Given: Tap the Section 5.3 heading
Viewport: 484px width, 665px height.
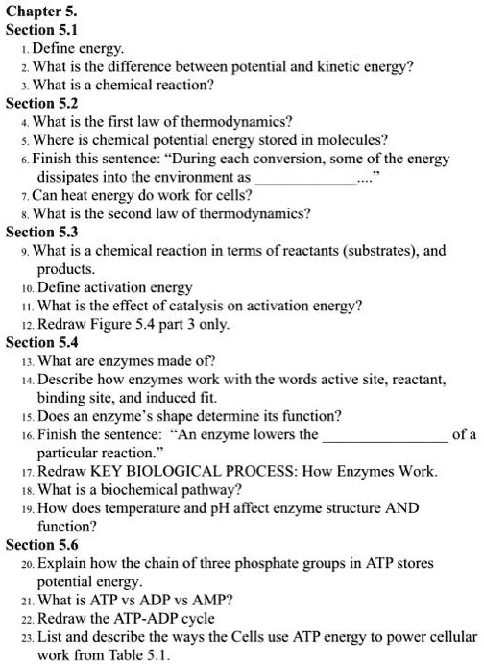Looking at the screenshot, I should click(43, 233).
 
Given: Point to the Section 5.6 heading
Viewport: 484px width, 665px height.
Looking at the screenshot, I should click(43, 544).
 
